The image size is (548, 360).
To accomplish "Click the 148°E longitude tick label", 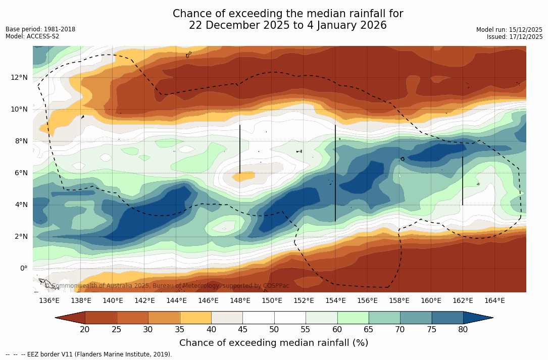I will tap(240, 301).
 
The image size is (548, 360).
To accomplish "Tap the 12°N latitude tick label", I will tap(19, 77).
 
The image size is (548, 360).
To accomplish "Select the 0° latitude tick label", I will tap(23, 268).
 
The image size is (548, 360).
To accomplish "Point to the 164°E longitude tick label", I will tap(494, 301).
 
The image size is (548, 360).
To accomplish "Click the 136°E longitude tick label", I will tap(49, 301).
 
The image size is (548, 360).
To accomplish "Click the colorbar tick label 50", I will tap(274, 330).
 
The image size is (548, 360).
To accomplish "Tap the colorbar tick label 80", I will tap(463, 330).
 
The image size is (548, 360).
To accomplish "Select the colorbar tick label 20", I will tap(85, 330).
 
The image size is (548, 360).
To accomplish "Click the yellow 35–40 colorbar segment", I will tap(195, 318).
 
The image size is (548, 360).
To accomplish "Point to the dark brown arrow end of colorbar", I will tap(70, 318).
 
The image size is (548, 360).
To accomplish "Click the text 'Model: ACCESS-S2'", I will tap(32, 36).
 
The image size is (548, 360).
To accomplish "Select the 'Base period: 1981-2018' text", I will tap(40, 29).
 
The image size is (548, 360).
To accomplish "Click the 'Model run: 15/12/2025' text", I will tap(509, 30).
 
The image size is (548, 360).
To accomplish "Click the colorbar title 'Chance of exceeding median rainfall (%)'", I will tap(274, 343).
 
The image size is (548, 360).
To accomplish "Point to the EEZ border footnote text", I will tap(89, 354).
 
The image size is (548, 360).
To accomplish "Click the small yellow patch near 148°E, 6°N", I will tap(244, 177).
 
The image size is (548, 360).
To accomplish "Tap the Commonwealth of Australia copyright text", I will tap(167, 286).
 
